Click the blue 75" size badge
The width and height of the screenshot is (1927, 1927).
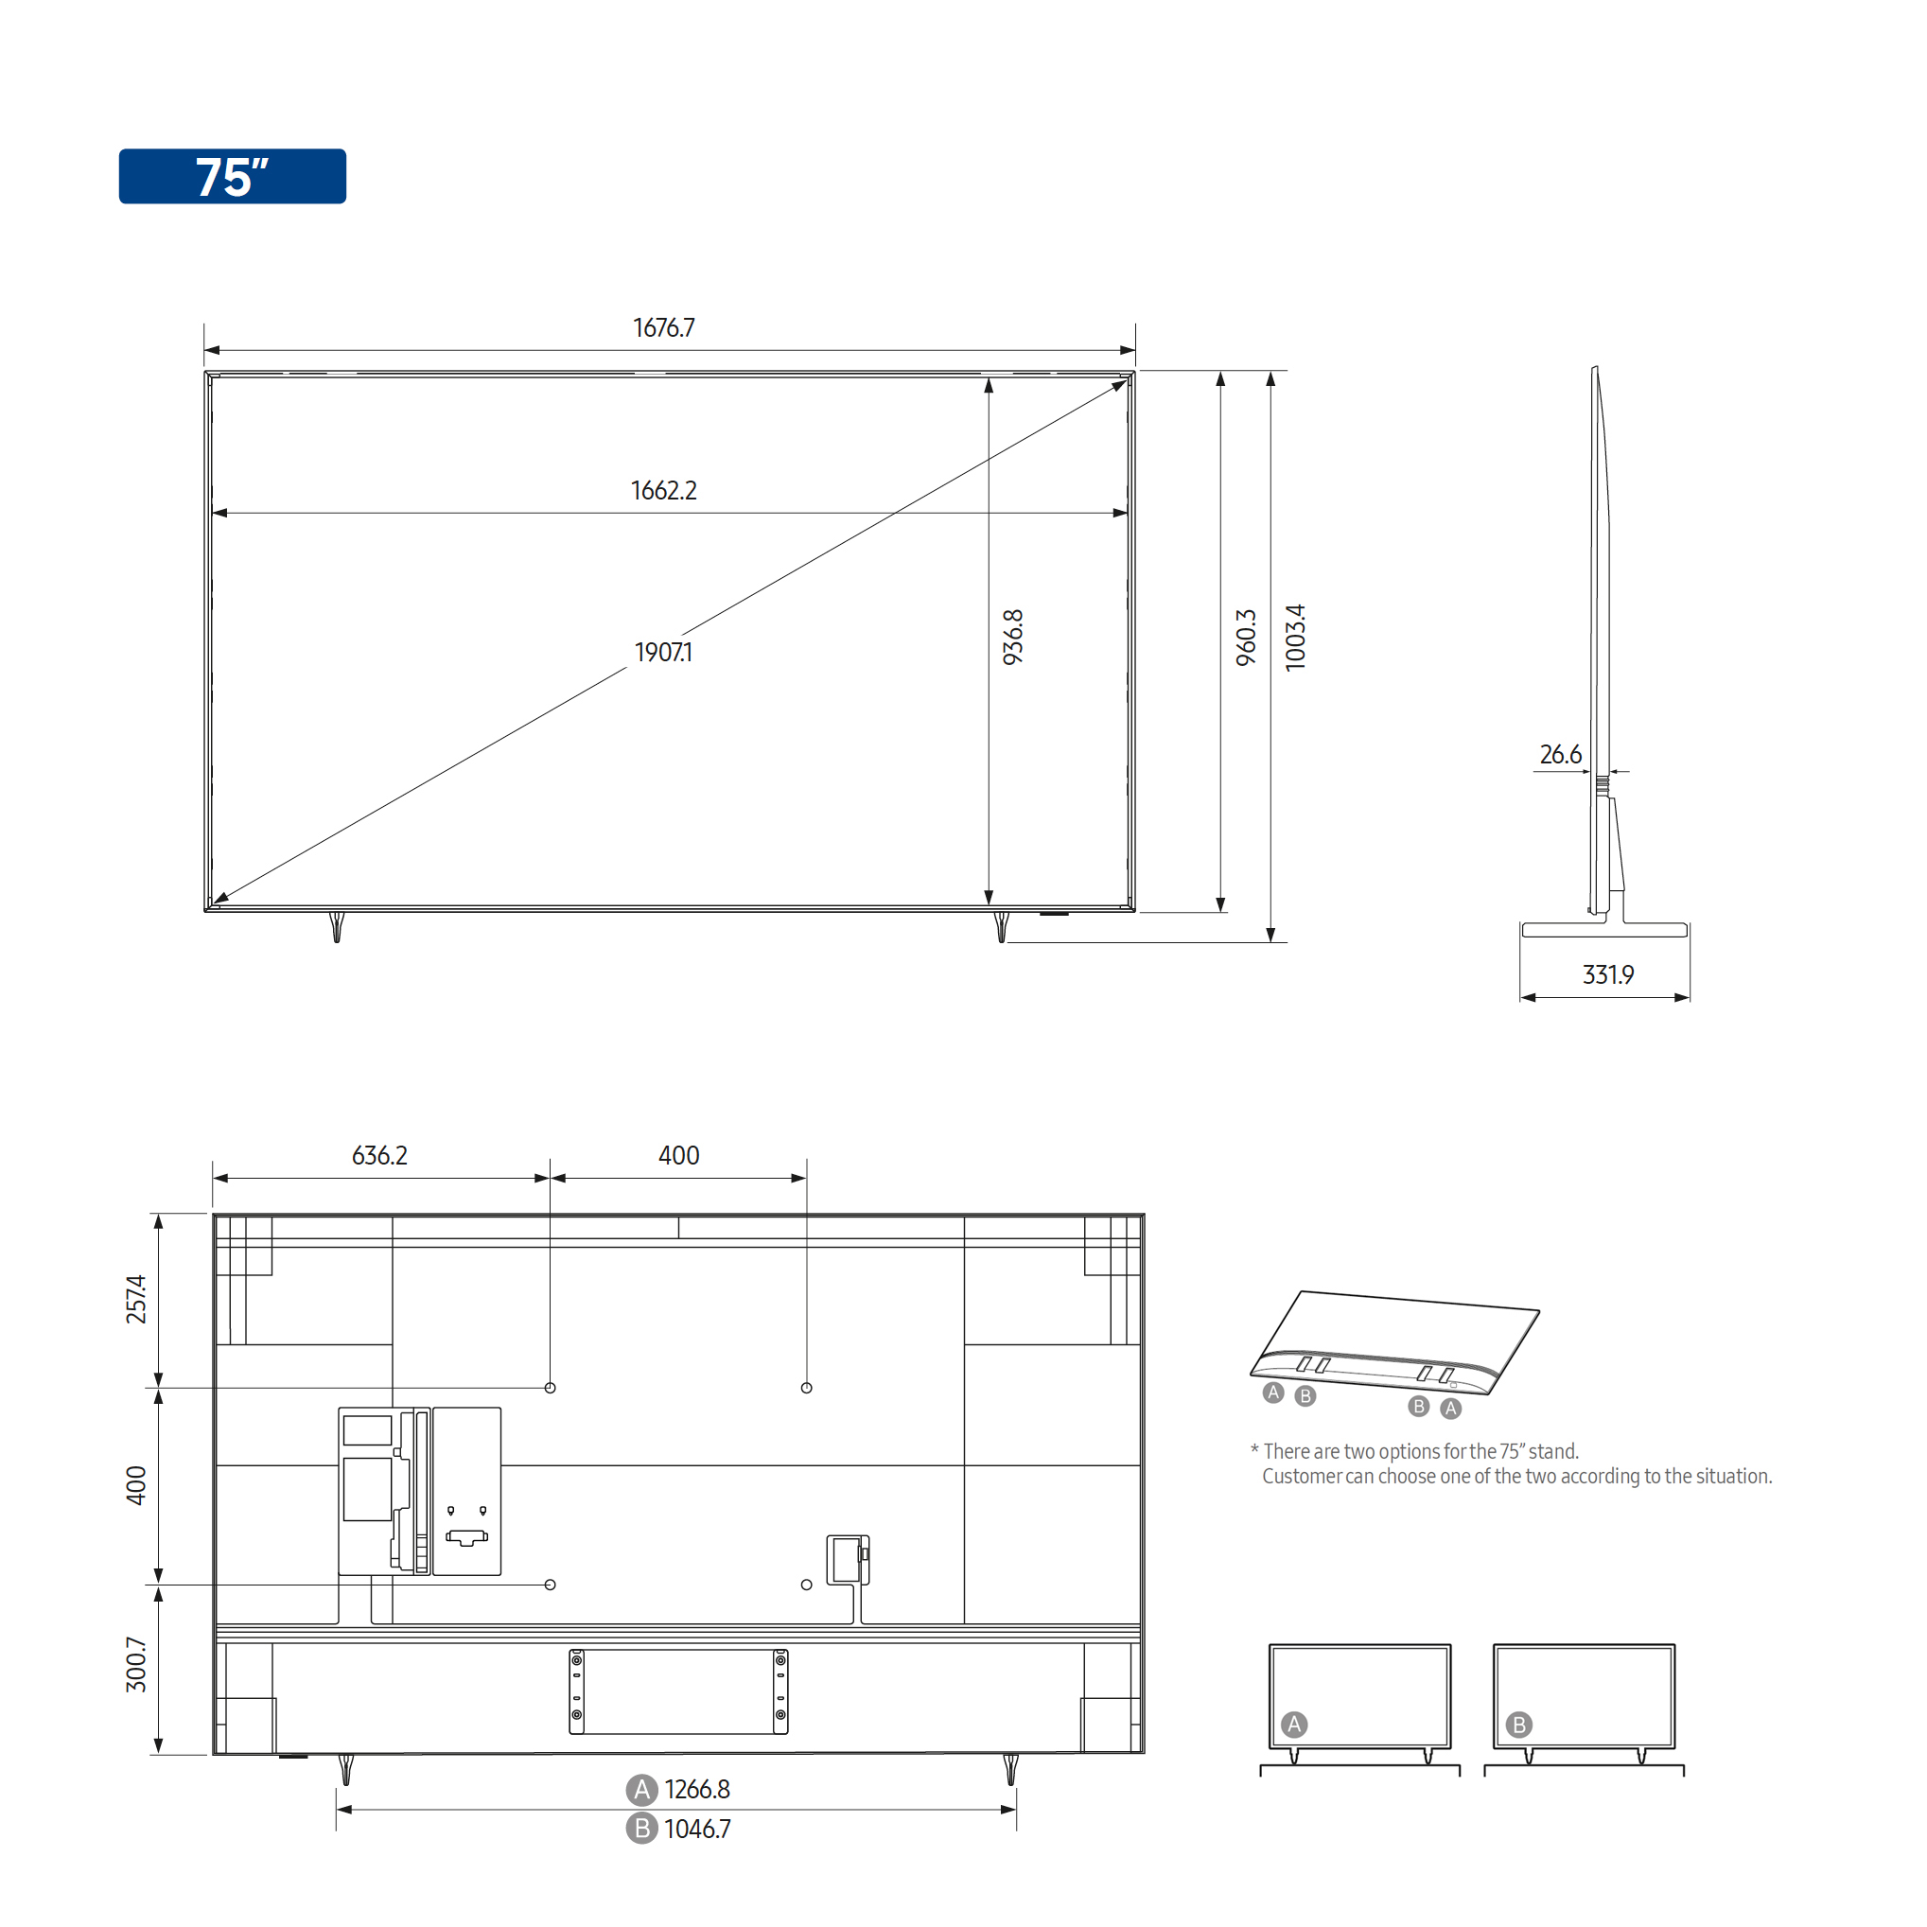[233, 177]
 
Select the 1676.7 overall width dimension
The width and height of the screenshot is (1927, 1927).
[663, 328]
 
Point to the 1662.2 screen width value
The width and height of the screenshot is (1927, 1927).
[663, 491]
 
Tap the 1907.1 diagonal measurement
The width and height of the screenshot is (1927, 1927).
[663, 653]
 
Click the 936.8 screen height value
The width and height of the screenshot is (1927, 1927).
[1012, 638]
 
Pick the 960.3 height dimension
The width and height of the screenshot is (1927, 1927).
[1246, 638]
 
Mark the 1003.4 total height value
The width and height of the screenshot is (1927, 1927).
[1295, 638]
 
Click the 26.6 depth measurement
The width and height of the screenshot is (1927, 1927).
[1560, 755]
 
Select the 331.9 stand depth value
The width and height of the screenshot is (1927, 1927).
[1608, 974]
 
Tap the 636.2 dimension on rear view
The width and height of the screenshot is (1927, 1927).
[380, 1156]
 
